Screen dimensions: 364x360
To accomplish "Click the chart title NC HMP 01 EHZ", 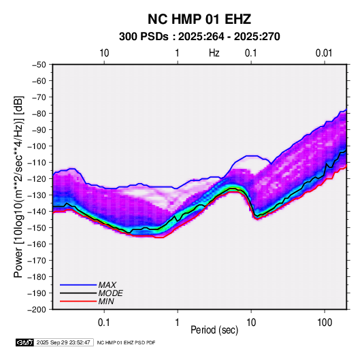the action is coord(199,19).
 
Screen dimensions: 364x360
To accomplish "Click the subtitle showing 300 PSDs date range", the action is coord(199,37).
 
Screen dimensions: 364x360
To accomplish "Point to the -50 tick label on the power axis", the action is coord(39,65).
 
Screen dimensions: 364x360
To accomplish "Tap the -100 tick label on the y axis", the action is coord(37,146).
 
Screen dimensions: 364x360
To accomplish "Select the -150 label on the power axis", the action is coord(37,228).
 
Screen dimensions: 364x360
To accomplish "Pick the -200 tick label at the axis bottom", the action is coord(37,310).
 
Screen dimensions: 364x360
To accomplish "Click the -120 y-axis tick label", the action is coord(37,179).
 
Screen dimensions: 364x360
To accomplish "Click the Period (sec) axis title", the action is coord(214,330).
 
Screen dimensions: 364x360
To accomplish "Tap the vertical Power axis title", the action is coord(18,187).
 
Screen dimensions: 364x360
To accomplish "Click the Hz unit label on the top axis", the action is coord(214,53).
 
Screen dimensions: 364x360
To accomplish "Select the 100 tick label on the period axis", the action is coord(325,323).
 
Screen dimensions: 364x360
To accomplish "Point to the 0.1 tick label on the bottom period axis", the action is coord(104,323).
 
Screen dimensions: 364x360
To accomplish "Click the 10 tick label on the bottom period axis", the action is coord(251,323).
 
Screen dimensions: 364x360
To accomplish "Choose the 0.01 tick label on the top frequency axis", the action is coord(324,53).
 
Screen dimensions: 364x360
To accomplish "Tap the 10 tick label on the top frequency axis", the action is coord(104,53).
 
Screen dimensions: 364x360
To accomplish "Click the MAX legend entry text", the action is coord(107,285).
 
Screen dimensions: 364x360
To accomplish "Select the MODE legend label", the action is coord(110,293).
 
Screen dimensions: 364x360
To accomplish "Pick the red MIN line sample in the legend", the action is coord(78,301).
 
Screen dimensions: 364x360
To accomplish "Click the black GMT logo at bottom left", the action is coord(24,342).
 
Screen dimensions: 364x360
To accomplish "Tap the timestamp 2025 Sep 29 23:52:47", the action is coord(63,342).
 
